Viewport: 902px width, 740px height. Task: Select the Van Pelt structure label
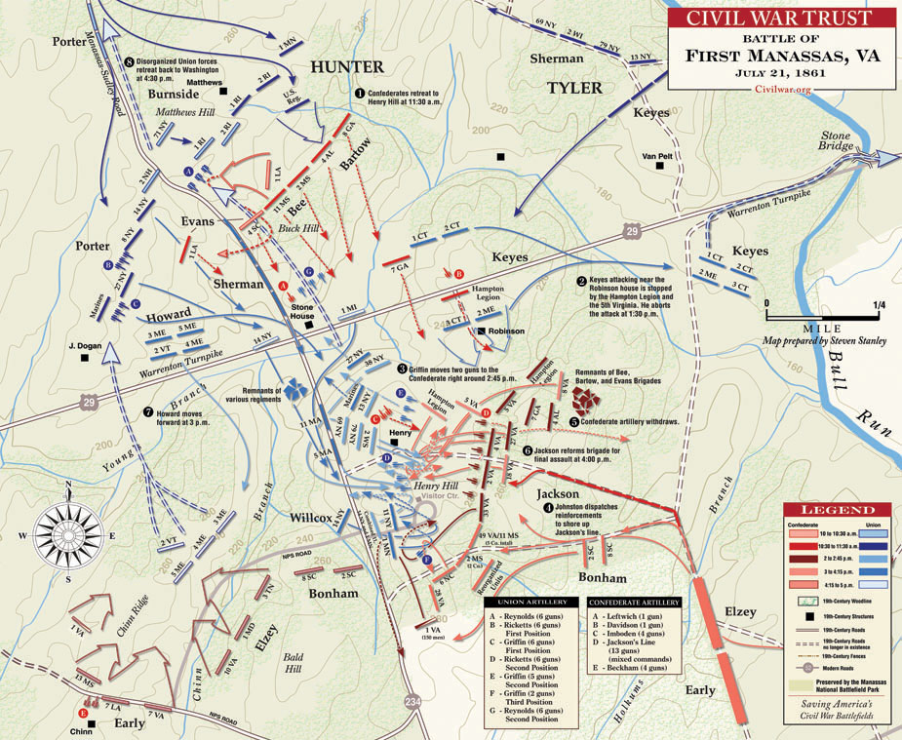pyautogui.click(x=658, y=156)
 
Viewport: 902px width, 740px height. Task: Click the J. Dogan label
pyautogui.click(x=85, y=345)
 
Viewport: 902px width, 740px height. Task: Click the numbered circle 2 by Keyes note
pyautogui.click(x=580, y=281)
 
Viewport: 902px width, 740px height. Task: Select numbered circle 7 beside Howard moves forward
pyautogui.click(x=148, y=411)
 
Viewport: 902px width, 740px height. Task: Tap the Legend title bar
pyautogui.click(x=837, y=510)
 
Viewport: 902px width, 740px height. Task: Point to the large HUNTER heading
pyautogui.click(x=347, y=66)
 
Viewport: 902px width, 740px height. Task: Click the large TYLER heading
pyautogui.click(x=574, y=88)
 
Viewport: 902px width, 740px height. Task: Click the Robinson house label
pyautogui.click(x=507, y=331)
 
